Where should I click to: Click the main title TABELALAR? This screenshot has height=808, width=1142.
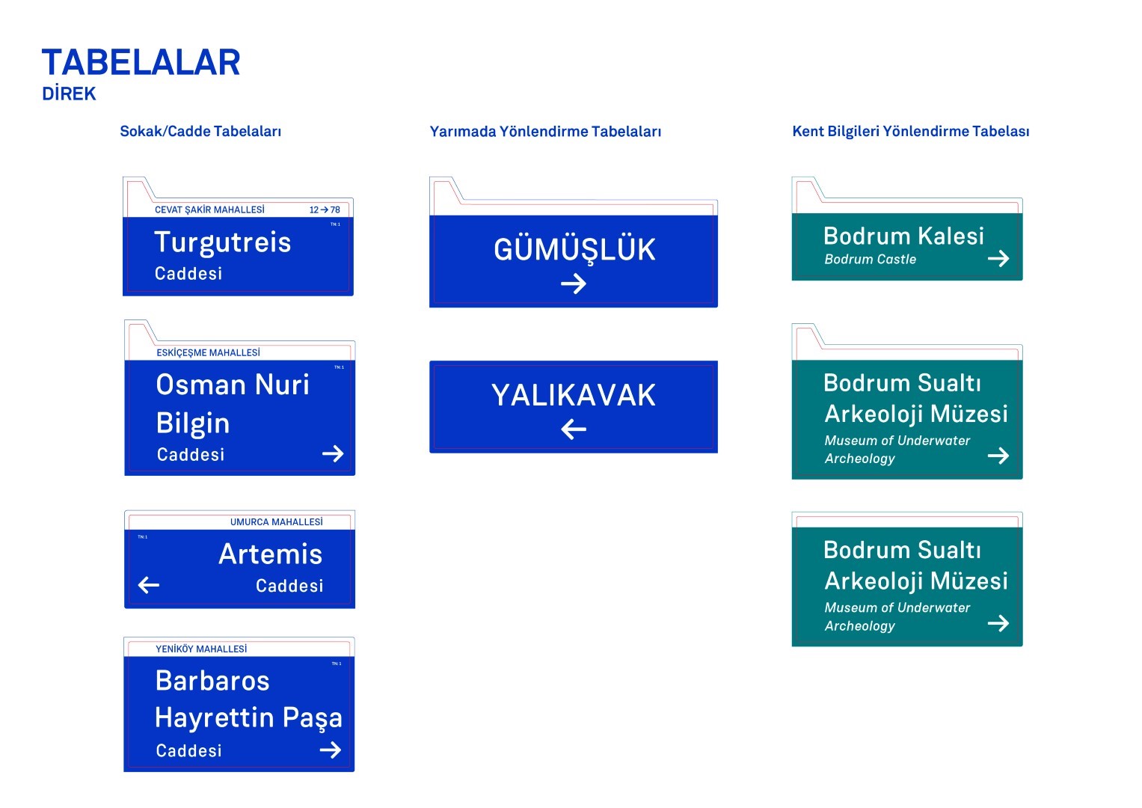[x=141, y=63]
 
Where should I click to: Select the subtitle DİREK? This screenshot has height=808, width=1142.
[x=69, y=94]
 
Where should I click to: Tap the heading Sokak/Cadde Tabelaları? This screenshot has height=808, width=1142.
[x=200, y=132]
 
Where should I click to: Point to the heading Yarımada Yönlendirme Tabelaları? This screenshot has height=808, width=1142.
[x=545, y=132]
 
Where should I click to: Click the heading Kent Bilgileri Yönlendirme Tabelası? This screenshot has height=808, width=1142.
[x=910, y=132]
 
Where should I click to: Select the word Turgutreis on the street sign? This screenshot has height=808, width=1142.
[x=222, y=242]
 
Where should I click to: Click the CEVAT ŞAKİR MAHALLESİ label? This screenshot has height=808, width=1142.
[x=209, y=210]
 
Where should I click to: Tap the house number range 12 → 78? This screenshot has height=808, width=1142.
[x=325, y=210]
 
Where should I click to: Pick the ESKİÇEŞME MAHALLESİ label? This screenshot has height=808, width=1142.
[x=208, y=352]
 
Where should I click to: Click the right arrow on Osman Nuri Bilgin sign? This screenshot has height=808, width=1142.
[x=333, y=453]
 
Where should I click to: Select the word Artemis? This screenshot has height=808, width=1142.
[x=270, y=554]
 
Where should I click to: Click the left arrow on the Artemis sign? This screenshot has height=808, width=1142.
[x=149, y=585]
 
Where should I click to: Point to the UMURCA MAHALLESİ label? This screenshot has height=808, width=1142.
[x=276, y=522]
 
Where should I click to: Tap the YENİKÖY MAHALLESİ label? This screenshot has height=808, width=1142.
[x=200, y=649]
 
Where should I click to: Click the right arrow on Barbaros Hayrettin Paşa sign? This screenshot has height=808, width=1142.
[x=331, y=750]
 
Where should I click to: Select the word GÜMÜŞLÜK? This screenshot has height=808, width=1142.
[x=574, y=250]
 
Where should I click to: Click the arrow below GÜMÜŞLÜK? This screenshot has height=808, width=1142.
[x=574, y=284]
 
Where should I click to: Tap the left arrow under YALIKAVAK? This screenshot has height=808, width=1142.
[x=574, y=429]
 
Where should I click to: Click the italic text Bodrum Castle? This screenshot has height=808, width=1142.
[x=870, y=260]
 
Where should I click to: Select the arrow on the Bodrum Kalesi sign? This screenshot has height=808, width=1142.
[x=998, y=259]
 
